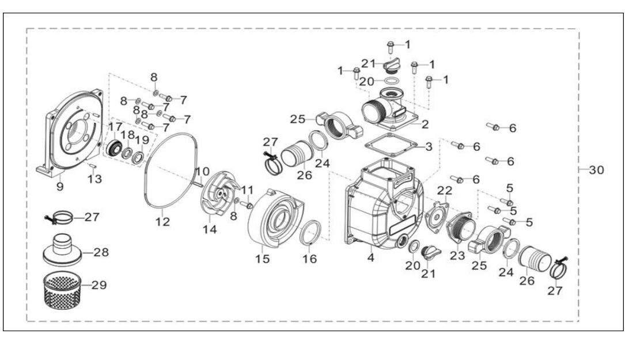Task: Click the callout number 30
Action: (x=596, y=170)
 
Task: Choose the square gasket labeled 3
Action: (x=391, y=146)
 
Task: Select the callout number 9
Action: (x=60, y=186)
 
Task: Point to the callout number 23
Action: (x=457, y=255)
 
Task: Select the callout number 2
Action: (x=425, y=124)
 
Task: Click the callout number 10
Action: (x=203, y=172)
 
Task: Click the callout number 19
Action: (x=142, y=140)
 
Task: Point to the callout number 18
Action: (x=128, y=135)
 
